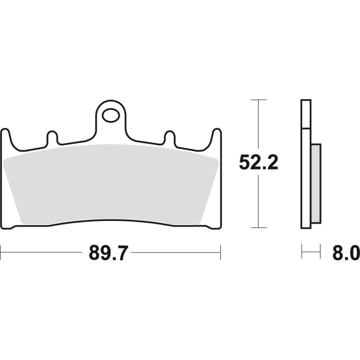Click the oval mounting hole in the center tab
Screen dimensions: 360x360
pyautogui.click(x=110, y=115)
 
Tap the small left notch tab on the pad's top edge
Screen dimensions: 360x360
pyautogui.click(x=52, y=138)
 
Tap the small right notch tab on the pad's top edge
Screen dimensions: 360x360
pyautogui.click(x=169, y=138)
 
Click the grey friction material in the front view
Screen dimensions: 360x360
pyautogui.click(x=110, y=184)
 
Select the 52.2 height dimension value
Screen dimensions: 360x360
pyautogui.click(x=258, y=163)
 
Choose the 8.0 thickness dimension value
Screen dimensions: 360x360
pyautogui.click(x=346, y=253)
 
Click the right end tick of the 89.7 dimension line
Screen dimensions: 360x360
pyautogui.click(x=220, y=252)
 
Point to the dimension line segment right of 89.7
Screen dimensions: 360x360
pyautogui.click(x=175, y=252)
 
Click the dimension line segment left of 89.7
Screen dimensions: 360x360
pyautogui.click(x=43, y=252)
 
